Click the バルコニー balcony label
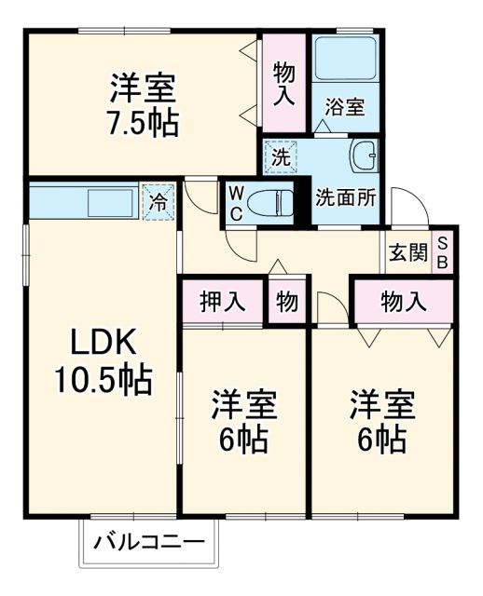pyautogui.click(x=150, y=541)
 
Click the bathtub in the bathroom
pyautogui.click(x=344, y=60)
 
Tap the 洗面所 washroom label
pyautogui.click(x=345, y=197)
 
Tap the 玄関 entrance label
pyautogui.click(x=407, y=252)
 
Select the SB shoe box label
pyautogui.click(x=443, y=251)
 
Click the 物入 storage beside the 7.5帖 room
pyautogui.click(x=283, y=82)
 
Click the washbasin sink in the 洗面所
pyautogui.click(x=363, y=156)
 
